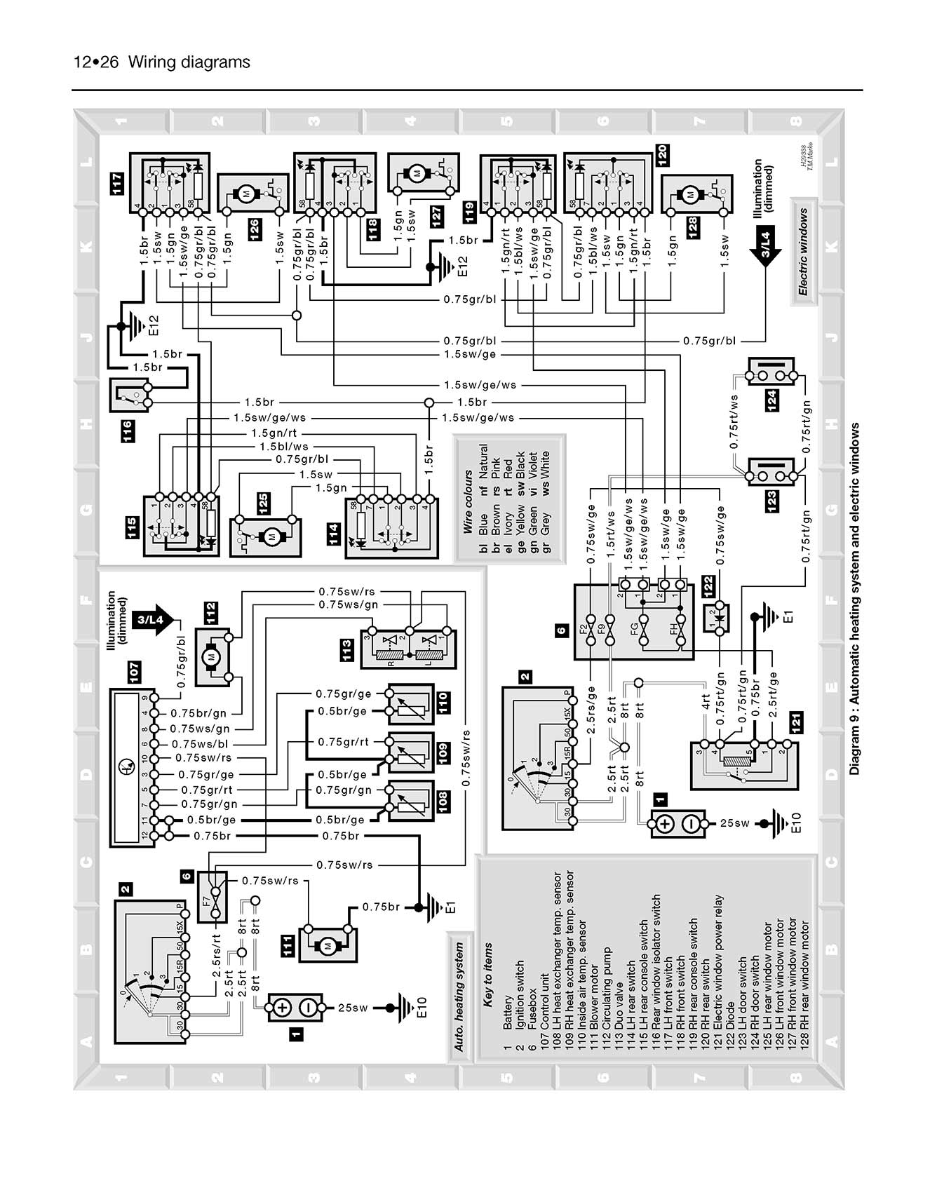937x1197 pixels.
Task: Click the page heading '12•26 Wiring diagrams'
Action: pyautogui.click(x=161, y=62)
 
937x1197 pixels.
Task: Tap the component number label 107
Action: pyautogui.click(x=134, y=672)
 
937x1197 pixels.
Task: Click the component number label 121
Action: pyautogui.click(x=795, y=722)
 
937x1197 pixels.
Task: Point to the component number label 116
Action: pyautogui.click(x=127, y=431)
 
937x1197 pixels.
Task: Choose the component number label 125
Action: pyautogui.click(x=262, y=502)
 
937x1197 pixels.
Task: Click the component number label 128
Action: pyautogui.click(x=692, y=227)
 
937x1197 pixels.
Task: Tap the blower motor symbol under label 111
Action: pyautogui.click(x=327, y=946)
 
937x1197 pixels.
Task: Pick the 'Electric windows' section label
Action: pyautogui.click(x=803, y=252)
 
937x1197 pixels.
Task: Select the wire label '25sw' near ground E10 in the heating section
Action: pyautogui.click(x=353, y=1008)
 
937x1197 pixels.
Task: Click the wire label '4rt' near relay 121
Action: pyautogui.click(x=706, y=701)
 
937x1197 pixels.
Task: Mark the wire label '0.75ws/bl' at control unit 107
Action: pyautogui.click(x=199, y=744)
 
